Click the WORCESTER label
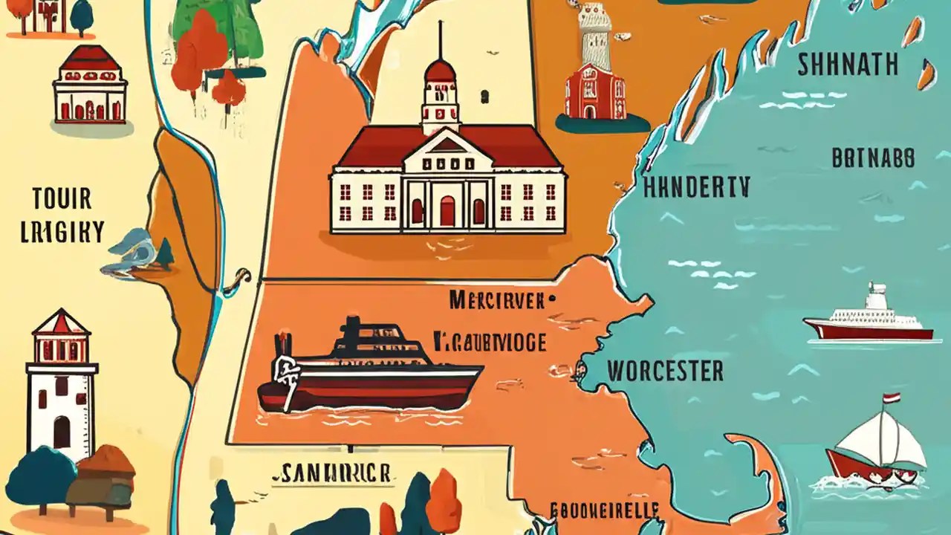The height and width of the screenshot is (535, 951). click(665, 371)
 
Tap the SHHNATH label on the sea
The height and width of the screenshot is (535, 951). click(846, 65)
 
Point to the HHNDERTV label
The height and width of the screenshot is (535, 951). click(697, 187)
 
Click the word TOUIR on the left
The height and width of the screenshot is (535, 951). click(62, 199)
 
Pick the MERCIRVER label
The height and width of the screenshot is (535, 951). click(502, 301)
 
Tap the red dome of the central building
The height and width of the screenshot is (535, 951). click(440, 71)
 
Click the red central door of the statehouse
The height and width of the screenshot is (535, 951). click(447, 211)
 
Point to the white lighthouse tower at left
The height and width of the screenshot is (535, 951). click(62, 386)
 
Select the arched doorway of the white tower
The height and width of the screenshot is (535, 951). click(62, 432)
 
